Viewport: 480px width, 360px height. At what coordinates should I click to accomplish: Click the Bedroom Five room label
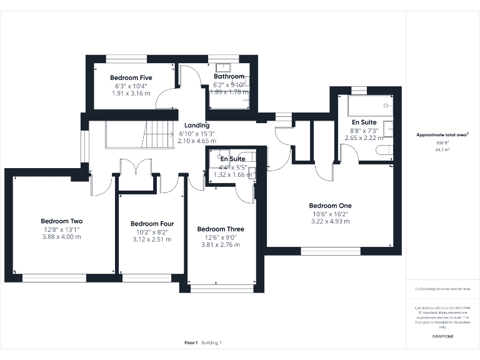coord(131,77)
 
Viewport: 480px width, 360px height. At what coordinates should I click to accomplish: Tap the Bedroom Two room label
coord(62,221)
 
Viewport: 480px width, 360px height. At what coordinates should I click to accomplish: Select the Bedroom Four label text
coord(152,224)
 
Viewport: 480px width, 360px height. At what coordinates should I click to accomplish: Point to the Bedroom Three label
coord(220,229)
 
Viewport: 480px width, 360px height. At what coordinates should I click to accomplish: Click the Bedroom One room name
coord(330,206)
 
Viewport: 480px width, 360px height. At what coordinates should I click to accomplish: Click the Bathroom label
coord(229,77)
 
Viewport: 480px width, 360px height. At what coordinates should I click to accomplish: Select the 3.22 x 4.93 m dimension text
coord(330,221)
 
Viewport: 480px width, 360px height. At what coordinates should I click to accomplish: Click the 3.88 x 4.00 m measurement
coord(62,237)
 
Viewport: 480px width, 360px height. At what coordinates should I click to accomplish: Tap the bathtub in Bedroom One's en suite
coord(366,104)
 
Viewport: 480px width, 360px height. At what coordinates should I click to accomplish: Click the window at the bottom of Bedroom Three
coord(223,288)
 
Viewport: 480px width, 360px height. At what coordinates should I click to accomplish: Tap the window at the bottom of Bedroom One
coord(331,251)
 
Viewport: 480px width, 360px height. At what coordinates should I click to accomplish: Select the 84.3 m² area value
coord(442,150)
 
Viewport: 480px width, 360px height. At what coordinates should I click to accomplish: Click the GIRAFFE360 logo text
coord(442,337)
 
